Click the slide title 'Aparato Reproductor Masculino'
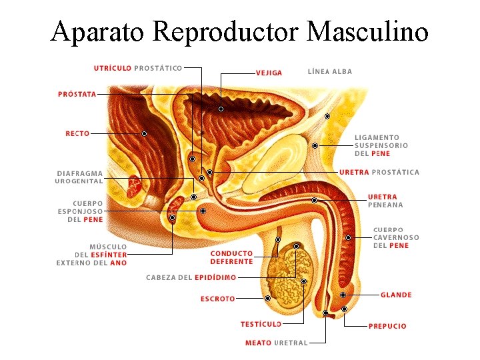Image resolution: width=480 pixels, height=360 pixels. pyautogui.click(x=239, y=31)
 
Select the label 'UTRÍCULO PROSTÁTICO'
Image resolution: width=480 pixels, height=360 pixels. pyautogui.click(x=138, y=67)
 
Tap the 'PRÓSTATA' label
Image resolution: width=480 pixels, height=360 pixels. pyautogui.click(x=77, y=95)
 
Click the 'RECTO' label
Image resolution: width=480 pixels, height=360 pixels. pyautogui.click(x=77, y=133)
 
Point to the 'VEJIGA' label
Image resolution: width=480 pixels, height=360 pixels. pyautogui.click(x=269, y=73)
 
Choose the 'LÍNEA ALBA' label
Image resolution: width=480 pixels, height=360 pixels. pyautogui.click(x=329, y=71)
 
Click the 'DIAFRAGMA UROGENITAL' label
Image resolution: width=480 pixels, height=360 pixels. pyautogui.click(x=79, y=177)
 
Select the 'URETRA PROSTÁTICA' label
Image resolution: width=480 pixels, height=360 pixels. pyautogui.click(x=379, y=172)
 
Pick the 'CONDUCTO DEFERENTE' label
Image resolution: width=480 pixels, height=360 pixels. pyautogui.click(x=231, y=257)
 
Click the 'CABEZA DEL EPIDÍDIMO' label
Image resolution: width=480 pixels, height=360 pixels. pyautogui.click(x=191, y=277)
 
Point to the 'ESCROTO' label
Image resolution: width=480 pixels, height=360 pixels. pyautogui.click(x=217, y=299)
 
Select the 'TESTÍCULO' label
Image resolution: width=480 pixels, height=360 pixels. pyautogui.click(x=261, y=324)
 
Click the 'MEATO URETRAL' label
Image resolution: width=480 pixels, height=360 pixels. pyautogui.click(x=276, y=343)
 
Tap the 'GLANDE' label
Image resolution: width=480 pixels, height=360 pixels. pyautogui.click(x=396, y=295)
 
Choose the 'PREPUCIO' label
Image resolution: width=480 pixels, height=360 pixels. pyautogui.click(x=387, y=326)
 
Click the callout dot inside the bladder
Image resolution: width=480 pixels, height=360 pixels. pyautogui.click(x=221, y=109)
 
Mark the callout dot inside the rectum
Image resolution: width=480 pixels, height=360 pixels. pyautogui.click(x=144, y=133)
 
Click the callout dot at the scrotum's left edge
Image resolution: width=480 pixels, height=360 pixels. pyautogui.click(x=267, y=298)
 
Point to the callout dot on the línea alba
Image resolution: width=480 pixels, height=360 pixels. pyautogui.click(x=327, y=117)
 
